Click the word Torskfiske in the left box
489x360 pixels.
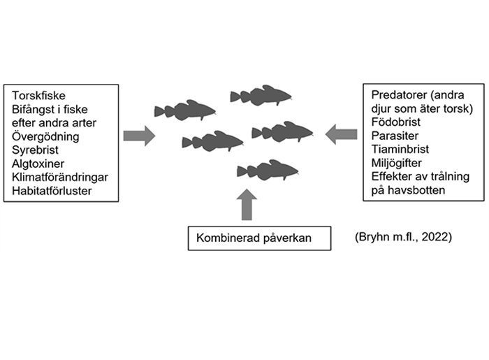[38, 96]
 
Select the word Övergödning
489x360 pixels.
[45, 136]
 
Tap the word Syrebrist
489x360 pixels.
[35, 150]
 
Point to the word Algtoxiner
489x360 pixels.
[38, 164]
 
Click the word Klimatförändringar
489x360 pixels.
[60, 177]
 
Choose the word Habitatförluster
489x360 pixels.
[52, 191]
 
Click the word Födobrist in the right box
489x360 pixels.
[396, 122]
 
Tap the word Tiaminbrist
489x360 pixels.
[400, 149]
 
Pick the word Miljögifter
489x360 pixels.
[396, 163]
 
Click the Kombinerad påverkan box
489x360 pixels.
[259, 238]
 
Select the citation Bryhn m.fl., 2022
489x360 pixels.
[404, 237]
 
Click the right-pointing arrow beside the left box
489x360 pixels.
[139, 136]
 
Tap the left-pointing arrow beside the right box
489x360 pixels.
[341, 134]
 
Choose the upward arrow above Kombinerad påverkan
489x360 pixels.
[247, 205]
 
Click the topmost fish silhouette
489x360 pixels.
[261, 96]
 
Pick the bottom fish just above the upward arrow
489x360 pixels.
[268, 171]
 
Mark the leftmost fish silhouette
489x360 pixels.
[185, 110]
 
